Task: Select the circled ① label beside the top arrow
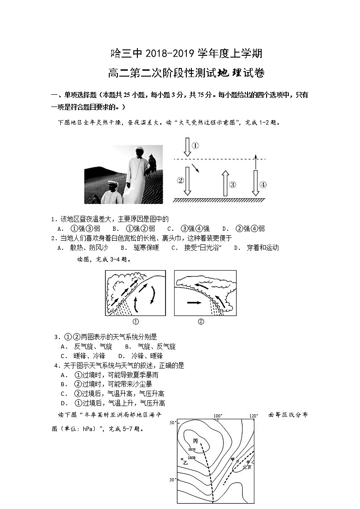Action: [x=195, y=145]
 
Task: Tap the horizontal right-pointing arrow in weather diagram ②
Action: [x=195, y=301]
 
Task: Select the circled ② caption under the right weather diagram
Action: [x=201, y=322]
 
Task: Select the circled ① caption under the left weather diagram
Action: [x=135, y=322]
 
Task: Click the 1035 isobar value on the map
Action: [x=192, y=450]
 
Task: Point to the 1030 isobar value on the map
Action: [x=191, y=458]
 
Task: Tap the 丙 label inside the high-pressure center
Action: [x=195, y=441]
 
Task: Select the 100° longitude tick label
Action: [x=217, y=416]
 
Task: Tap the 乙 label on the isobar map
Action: [x=185, y=463]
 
